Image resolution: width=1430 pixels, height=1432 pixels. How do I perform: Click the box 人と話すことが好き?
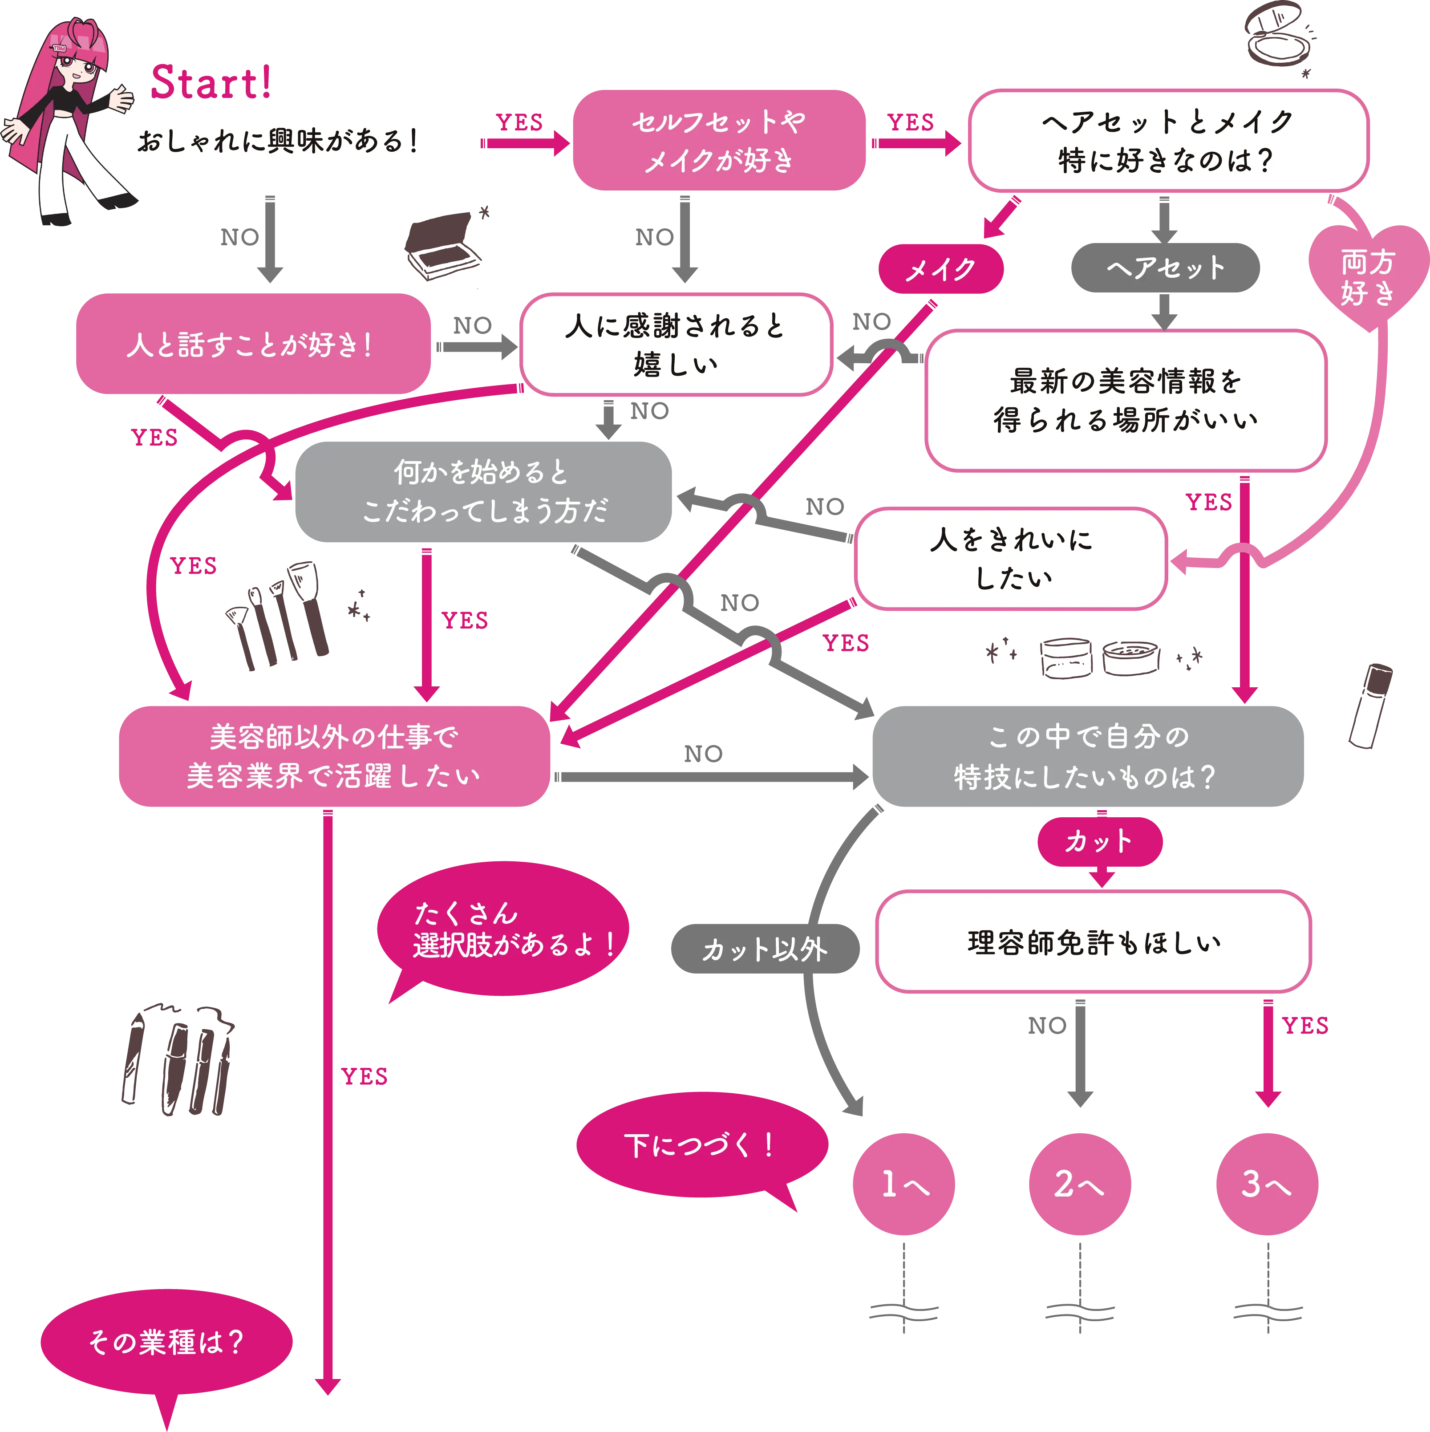pos(252,345)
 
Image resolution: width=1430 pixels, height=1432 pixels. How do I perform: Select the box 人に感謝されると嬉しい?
pos(675,345)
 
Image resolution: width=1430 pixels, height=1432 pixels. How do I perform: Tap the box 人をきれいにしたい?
pos(1011,559)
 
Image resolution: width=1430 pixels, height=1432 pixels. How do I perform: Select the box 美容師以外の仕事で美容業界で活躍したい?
pos(333,756)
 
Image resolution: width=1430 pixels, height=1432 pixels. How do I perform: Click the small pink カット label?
pos(1099,841)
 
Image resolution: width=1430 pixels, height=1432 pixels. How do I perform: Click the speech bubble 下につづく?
pos(700,1146)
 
